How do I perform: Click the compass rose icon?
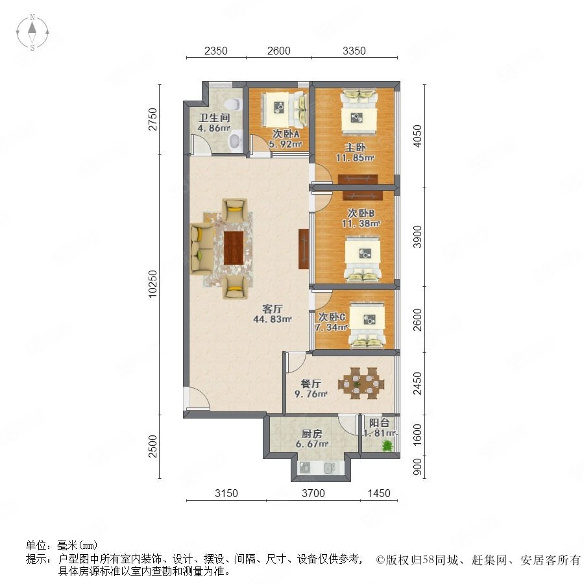click(32, 32)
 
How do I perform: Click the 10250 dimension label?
click(152, 284)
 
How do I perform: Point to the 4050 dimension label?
click(418, 136)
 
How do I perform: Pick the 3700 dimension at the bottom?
click(313, 493)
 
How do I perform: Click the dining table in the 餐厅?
click(361, 383)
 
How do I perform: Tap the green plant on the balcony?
click(388, 445)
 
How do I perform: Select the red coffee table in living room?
click(234, 248)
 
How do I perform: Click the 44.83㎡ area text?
click(273, 319)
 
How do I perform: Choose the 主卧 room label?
click(355, 147)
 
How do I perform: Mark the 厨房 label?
click(311, 434)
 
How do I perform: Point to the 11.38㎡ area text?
click(361, 224)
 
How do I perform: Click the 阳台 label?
click(379, 423)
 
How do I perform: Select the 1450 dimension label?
click(379, 493)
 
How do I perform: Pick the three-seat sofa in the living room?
click(202, 249)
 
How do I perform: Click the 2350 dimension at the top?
click(215, 51)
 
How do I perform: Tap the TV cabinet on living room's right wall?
click(304, 249)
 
